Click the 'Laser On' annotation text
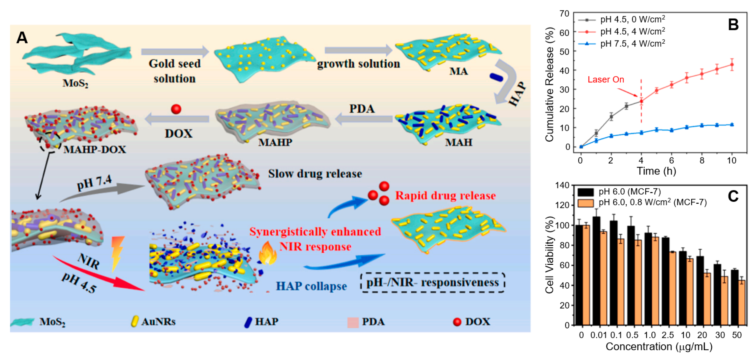606,79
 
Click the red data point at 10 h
732,65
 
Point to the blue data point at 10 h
732,124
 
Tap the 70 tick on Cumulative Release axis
564,14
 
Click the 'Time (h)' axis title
656,171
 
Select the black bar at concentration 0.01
596,271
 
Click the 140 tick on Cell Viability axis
562,185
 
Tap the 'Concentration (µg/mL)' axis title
659,346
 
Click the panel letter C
733,196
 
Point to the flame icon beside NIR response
267,253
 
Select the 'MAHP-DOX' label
95,150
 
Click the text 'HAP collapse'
311,286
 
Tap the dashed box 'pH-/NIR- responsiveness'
433,282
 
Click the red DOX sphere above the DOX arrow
176,109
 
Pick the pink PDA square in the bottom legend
353,322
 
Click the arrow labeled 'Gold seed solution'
175,52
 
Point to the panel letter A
22,38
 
